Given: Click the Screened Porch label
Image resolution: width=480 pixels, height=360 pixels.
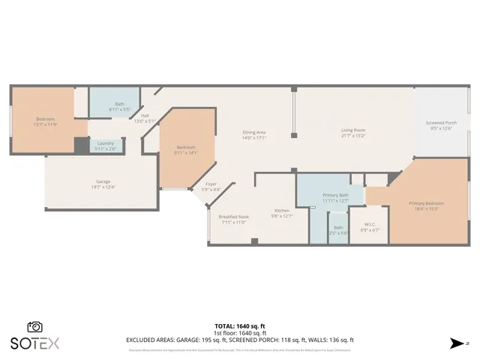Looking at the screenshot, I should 441,123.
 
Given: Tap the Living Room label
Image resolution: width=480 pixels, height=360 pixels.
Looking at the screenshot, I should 353,130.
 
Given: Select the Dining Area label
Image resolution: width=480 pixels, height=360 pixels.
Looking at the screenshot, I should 254,133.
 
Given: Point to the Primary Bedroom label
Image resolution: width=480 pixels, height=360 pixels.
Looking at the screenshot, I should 425,203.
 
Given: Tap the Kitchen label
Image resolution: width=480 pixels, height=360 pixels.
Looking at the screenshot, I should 281,211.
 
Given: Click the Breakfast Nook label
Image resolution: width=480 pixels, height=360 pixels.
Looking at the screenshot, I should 233,217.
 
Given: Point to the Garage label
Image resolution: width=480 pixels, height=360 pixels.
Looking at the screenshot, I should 103,181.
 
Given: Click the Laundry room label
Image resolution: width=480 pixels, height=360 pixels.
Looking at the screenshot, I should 105,143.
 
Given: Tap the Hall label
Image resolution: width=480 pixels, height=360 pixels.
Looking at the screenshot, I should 144,115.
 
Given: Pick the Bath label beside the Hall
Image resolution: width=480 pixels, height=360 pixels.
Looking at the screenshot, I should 119,104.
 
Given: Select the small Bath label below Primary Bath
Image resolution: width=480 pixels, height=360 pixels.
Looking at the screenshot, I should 338,227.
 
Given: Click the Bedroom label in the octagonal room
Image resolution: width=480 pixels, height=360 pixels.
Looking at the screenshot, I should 186,147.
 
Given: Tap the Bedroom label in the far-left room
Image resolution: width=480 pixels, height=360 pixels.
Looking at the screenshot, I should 45,119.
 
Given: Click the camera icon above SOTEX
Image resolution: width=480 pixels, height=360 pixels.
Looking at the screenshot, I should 34,327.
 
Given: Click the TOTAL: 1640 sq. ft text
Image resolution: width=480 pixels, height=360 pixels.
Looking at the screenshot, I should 240,326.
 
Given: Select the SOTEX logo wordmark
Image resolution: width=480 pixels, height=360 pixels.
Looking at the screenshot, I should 34,343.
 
